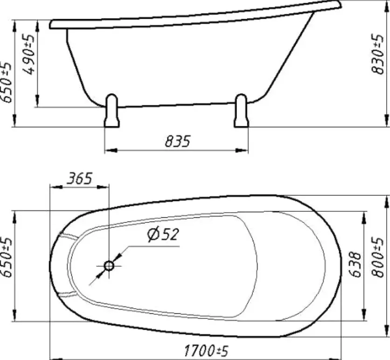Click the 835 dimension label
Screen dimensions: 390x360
(x=177, y=141)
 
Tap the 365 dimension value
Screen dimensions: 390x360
(x=80, y=178)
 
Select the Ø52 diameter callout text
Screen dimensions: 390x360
(x=163, y=235)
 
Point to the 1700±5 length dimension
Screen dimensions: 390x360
(x=206, y=351)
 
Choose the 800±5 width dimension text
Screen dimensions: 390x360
(x=378, y=257)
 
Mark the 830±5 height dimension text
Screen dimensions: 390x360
(x=378, y=54)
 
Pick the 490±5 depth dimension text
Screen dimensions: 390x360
(x=29, y=55)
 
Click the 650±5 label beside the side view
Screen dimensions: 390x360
(x=6, y=82)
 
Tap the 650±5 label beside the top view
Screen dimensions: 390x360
(x=6, y=257)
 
